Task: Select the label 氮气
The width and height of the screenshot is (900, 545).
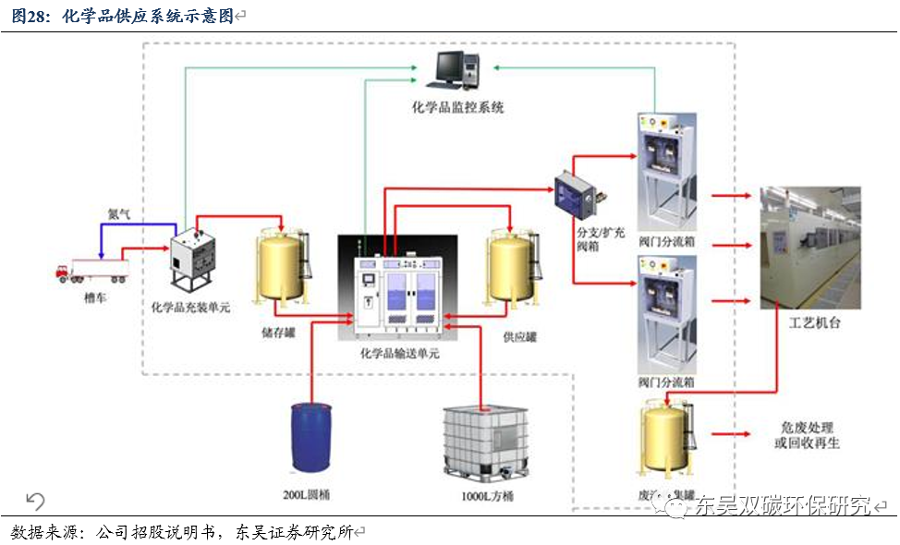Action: click(x=119, y=213)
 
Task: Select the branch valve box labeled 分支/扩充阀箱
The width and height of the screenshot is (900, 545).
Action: click(x=575, y=193)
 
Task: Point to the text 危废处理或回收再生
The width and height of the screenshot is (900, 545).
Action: click(x=809, y=435)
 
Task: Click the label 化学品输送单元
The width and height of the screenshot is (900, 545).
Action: click(x=400, y=354)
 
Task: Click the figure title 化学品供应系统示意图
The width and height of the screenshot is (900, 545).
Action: click(x=153, y=16)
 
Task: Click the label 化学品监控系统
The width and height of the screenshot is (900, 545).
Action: click(x=458, y=107)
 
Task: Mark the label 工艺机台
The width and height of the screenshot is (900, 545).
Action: click(x=815, y=324)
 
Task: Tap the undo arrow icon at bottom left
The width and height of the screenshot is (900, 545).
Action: click(x=35, y=501)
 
